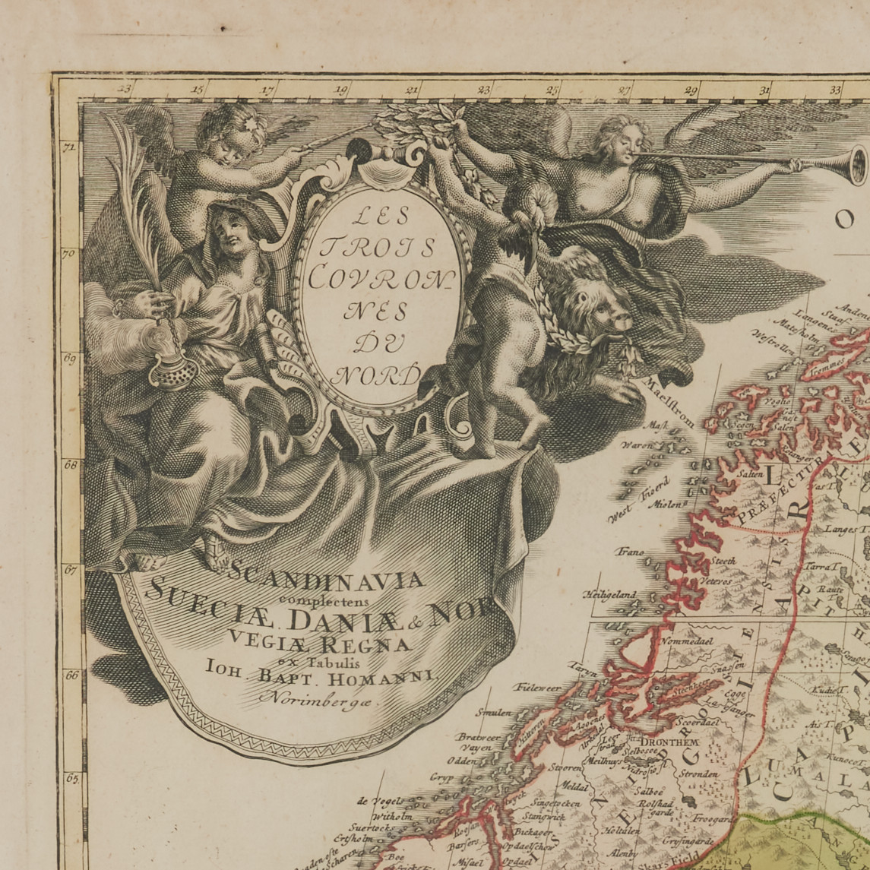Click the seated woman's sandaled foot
[210, 555]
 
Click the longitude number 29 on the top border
[691, 90]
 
